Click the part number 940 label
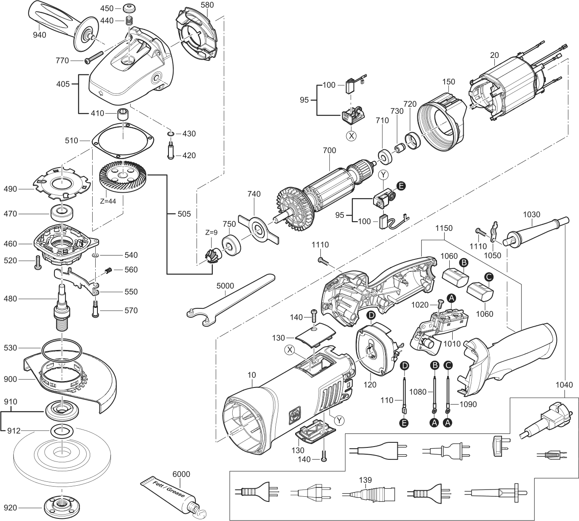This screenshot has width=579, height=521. (x=39, y=35)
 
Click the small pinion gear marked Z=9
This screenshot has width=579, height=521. (x=211, y=257)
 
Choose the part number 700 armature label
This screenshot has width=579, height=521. (x=329, y=150)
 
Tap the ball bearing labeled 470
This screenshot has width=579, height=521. (x=63, y=211)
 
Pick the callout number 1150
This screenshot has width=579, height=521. (x=444, y=228)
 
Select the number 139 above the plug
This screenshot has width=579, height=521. (x=365, y=480)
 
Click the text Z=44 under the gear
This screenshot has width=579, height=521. (x=108, y=201)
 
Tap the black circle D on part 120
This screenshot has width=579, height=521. (x=371, y=315)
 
